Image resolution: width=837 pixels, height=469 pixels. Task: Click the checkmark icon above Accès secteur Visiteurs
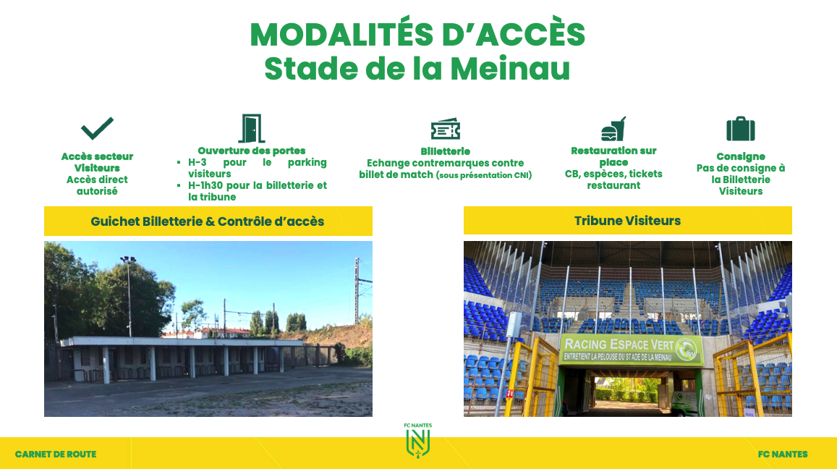tap(97, 128)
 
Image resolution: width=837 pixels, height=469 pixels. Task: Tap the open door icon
tap(252, 128)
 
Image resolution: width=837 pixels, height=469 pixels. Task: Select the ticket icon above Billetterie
tap(445, 129)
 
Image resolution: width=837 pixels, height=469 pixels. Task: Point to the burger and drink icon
tap(613, 129)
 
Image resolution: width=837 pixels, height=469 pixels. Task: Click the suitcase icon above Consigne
tap(740, 129)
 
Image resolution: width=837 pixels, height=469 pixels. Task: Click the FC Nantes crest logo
tap(418, 441)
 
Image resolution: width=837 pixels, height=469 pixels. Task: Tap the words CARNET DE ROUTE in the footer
tap(56, 454)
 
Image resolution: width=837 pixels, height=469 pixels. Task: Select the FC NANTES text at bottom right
tap(783, 454)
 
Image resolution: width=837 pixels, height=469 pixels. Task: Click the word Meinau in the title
tap(510, 68)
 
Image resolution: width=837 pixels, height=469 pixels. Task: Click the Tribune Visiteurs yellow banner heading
tap(628, 221)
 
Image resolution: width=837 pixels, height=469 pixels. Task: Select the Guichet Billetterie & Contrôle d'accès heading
tap(208, 221)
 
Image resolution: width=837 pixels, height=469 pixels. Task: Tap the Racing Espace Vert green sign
tap(631, 350)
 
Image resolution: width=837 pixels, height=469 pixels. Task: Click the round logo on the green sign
tap(687, 349)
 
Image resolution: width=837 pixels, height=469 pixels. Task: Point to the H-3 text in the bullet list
tap(197, 162)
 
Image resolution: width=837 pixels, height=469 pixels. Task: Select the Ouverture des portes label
tap(252, 151)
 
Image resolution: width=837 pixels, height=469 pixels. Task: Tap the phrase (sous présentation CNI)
tap(484, 174)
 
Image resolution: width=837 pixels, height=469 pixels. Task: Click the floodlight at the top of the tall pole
tap(128, 259)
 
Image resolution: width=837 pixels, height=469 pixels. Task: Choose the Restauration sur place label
tap(613, 156)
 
